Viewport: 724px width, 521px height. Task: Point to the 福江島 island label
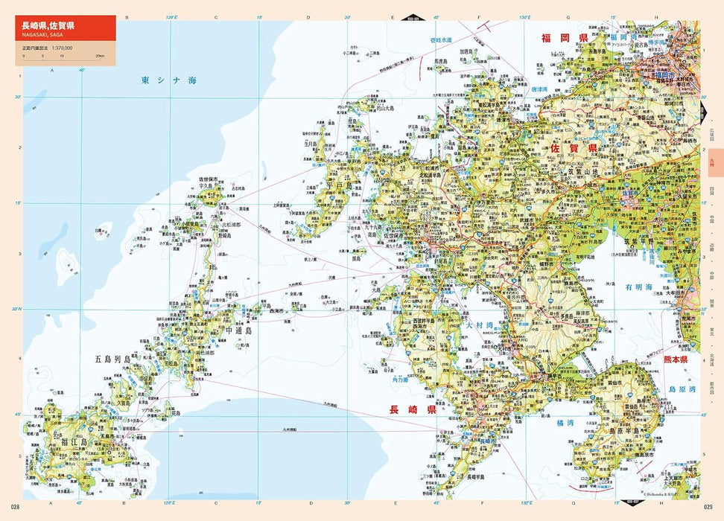pos(74,442)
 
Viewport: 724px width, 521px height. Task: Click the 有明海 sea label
pos(638,287)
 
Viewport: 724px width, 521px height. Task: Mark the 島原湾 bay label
pos(681,389)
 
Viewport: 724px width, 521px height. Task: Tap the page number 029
pos(708,508)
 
